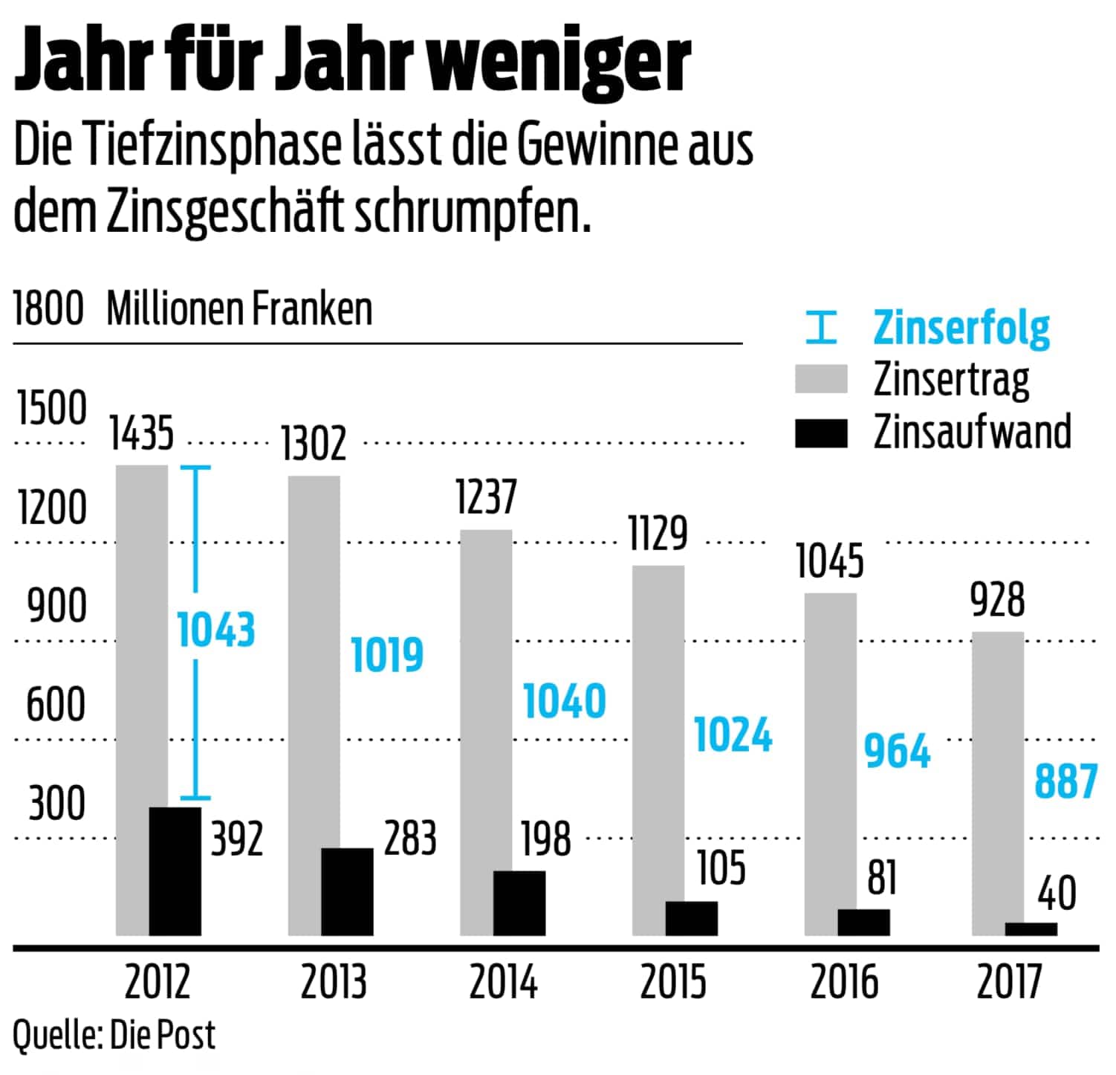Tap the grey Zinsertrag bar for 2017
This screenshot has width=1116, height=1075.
click(998, 773)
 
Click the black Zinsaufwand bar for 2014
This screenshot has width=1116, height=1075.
click(519, 903)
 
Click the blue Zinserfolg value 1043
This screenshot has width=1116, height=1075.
click(215, 630)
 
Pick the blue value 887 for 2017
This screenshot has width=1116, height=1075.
click(1065, 781)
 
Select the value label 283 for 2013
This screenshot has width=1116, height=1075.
click(410, 839)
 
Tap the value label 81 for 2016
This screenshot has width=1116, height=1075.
click(882, 877)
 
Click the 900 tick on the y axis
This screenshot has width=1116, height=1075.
click(56, 607)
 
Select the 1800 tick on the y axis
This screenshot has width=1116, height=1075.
click(48, 309)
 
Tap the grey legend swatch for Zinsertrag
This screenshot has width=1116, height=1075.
click(820, 379)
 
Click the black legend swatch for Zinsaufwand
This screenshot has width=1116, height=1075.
click(820, 433)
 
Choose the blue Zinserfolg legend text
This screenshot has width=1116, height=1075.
click(961, 327)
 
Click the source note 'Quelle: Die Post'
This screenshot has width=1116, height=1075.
click(114, 1036)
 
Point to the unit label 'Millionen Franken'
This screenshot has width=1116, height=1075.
click(239, 309)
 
